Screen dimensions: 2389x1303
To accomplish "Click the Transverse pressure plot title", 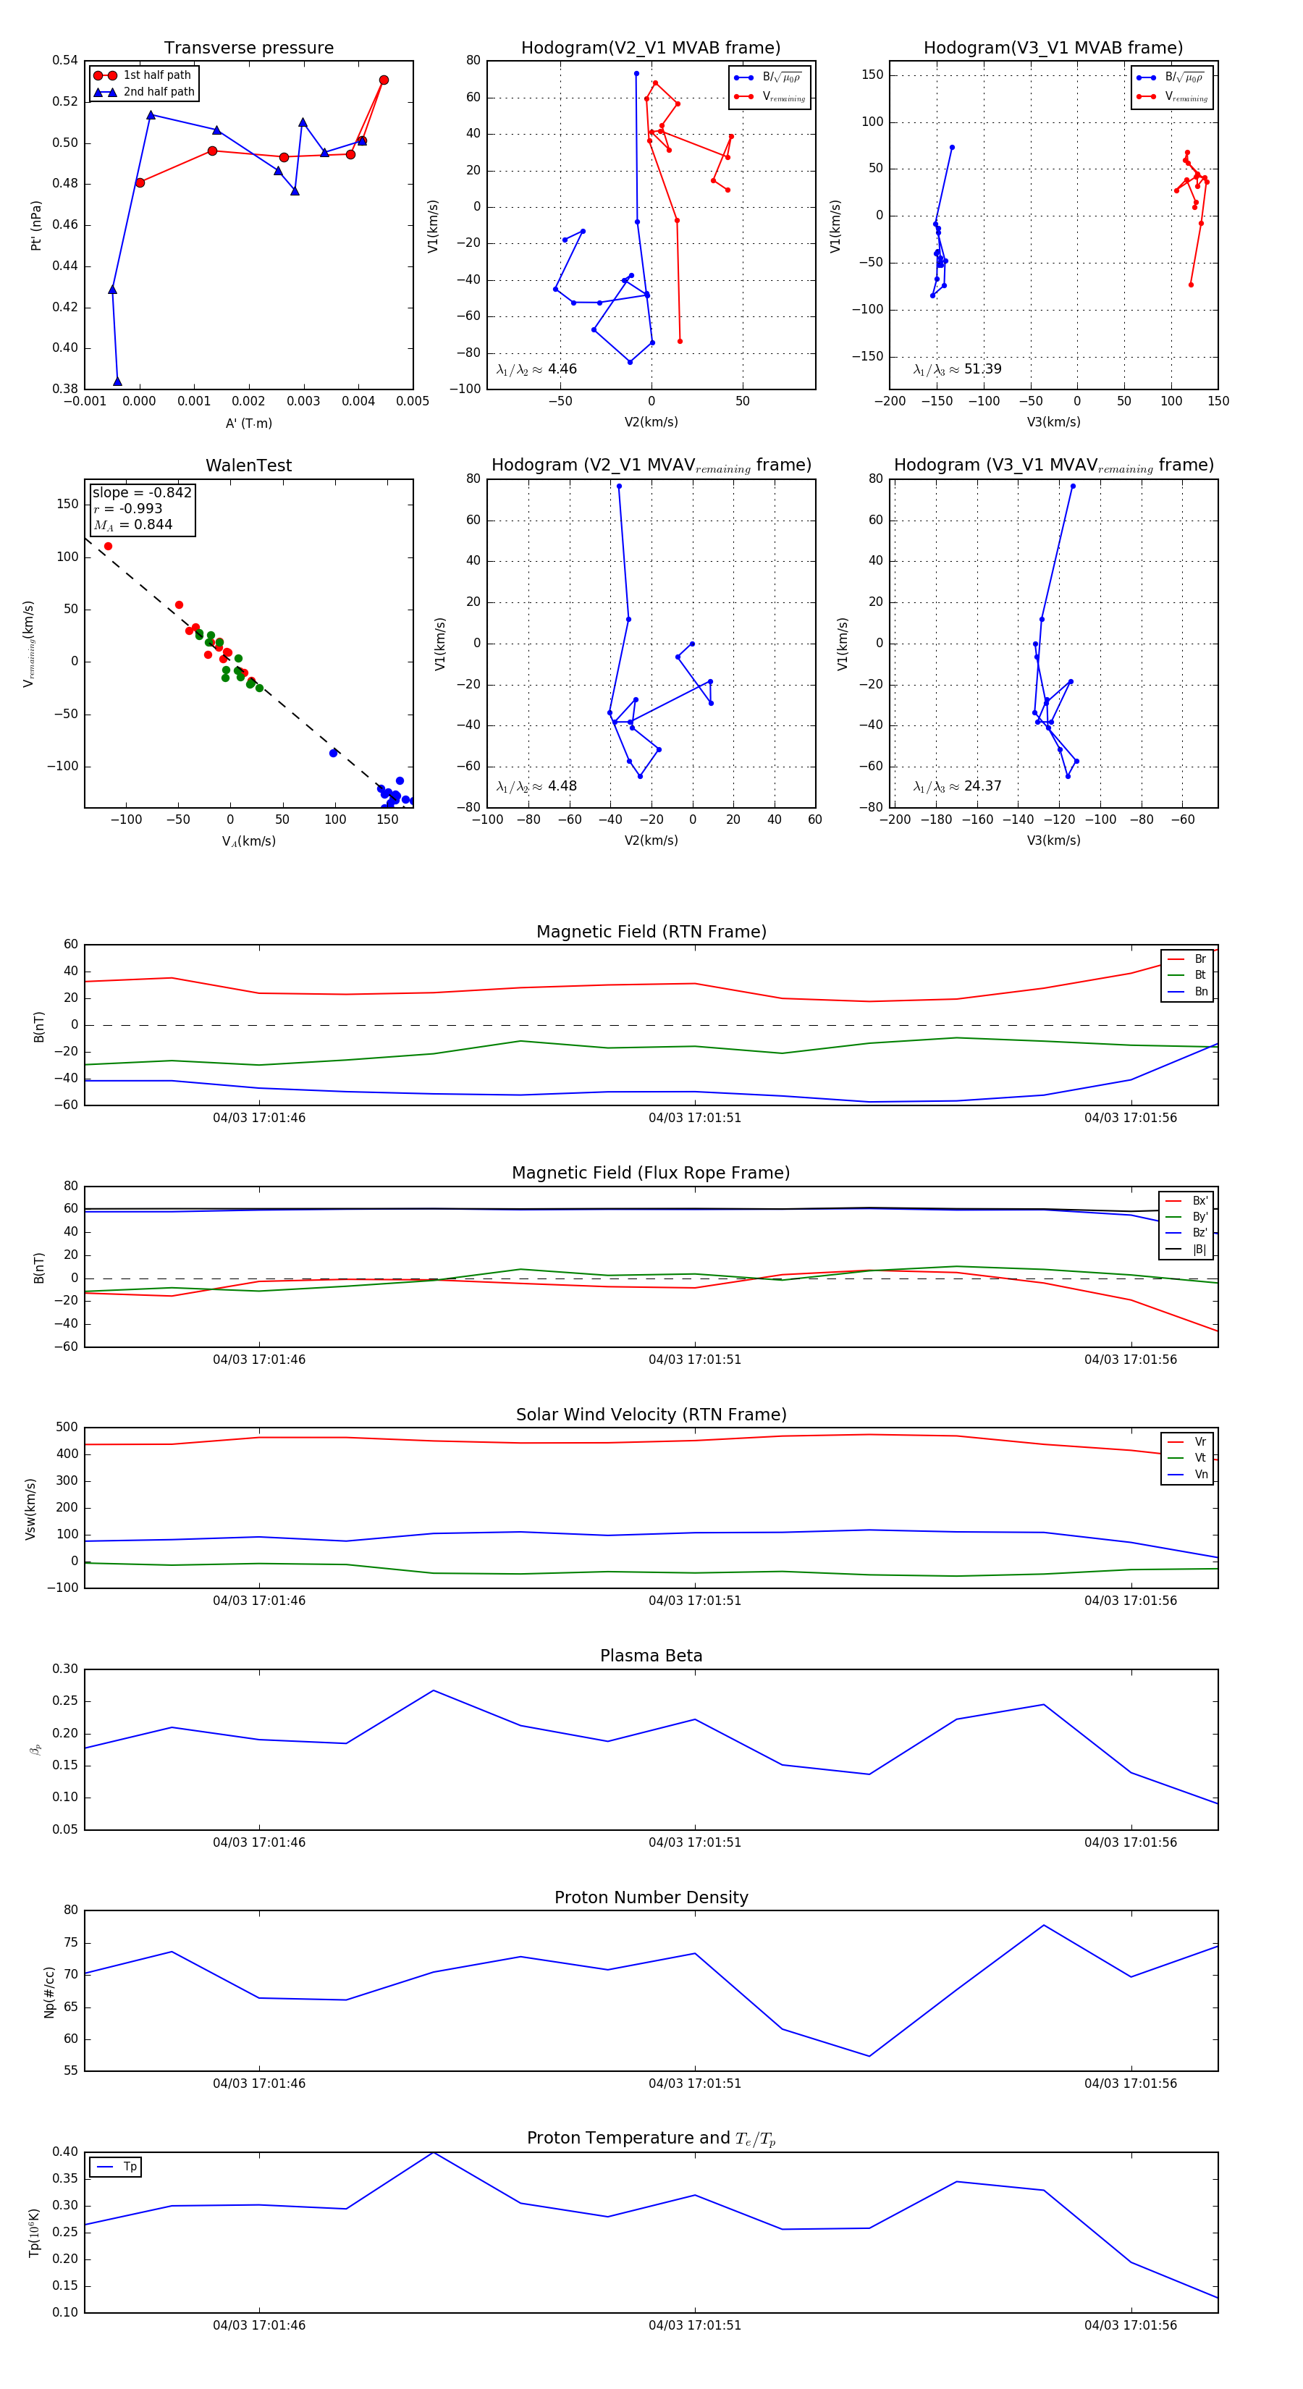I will coord(248,49).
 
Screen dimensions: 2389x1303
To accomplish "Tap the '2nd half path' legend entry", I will coord(159,92).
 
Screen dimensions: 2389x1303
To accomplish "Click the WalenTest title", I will coord(248,465).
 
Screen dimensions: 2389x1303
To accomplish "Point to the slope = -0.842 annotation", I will coord(142,492).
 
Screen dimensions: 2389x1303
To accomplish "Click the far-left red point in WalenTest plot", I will coord(109,547).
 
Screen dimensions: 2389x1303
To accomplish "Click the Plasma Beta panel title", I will coord(651,1656).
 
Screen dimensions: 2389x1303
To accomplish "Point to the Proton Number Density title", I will coord(651,1897).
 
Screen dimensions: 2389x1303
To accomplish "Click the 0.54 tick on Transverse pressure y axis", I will coord(65,60).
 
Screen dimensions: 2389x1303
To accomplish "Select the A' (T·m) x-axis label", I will coord(248,423).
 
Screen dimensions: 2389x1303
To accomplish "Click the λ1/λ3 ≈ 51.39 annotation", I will coord(957,369).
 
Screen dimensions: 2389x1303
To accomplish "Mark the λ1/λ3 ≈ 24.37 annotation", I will coord(957,786).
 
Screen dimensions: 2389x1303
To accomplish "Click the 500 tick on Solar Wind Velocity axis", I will coord(67,1428).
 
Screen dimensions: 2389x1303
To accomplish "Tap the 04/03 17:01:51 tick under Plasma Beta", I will coord(695,1842).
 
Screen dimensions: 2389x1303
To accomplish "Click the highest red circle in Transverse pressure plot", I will coord(384,80).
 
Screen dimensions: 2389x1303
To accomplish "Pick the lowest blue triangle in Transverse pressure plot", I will coord(117,382).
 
